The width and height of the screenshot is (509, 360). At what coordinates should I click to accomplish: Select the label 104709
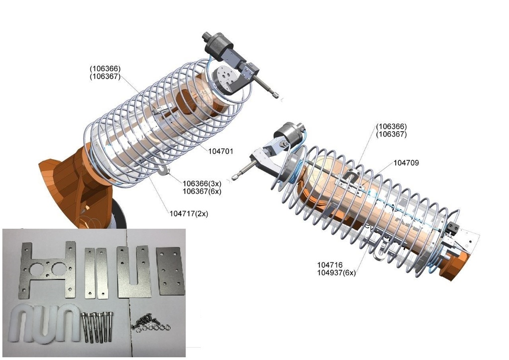[406, 163]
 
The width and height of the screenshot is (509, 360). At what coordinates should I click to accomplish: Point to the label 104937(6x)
[337, 272]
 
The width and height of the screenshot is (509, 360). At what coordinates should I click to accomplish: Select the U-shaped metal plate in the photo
[133, 271]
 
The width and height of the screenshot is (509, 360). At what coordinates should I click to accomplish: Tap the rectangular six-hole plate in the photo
[170, 271]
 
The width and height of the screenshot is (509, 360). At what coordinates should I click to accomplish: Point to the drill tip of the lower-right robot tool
[236, 177]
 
